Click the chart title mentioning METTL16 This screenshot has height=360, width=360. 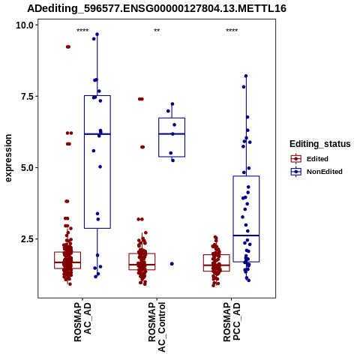pos(157,8)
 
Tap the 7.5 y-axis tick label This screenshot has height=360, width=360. pos(27,97)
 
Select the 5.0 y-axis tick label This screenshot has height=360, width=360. pos(27,168)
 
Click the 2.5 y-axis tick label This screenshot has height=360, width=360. pos(27,239)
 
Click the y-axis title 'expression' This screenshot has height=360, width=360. pos(8,158)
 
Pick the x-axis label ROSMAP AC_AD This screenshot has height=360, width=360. pos(82,322)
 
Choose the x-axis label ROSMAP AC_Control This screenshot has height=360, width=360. pos(157,327)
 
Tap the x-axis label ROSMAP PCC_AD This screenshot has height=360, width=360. pos(232,322)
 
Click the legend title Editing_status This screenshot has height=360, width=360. pos(320,144)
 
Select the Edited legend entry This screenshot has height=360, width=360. pos(310,159)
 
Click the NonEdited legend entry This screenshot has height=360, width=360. pos(316,172)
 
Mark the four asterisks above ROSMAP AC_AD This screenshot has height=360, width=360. pos(82,31)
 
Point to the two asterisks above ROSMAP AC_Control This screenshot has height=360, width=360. pos(157,31)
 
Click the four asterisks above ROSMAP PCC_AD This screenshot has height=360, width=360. pos(232,31)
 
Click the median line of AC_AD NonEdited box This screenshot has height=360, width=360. pos(97,134)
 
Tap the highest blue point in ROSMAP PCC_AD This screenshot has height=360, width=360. pos(246,76)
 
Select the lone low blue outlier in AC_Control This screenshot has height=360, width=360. pos(172,264)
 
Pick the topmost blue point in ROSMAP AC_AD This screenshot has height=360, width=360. pos(97,34)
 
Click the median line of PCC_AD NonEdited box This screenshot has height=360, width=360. pos(246,235)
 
